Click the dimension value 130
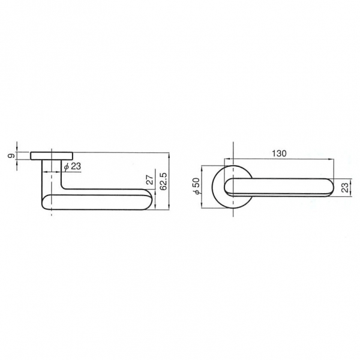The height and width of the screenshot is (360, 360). click(279, 154)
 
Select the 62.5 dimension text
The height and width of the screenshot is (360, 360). click(164, 181)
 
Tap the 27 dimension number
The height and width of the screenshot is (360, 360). click(149, 180)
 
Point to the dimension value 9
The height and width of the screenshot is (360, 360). click(11, 155)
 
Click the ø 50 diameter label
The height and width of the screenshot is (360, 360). click(197, 186)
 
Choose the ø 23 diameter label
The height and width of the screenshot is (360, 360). click(73, 166)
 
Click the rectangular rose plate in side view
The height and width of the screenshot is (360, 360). click(52, 155)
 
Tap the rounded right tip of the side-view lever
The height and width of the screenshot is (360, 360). click(149, 200)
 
